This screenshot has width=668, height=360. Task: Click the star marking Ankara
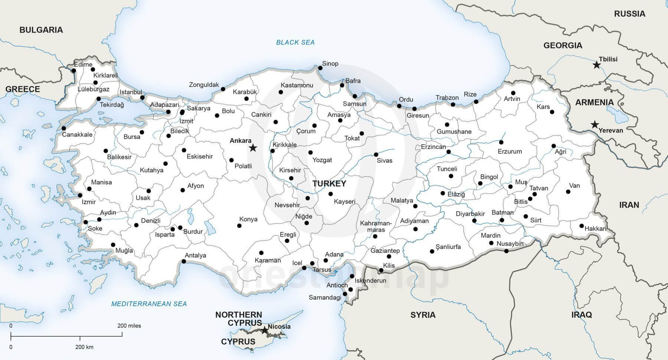[x=253, y=148]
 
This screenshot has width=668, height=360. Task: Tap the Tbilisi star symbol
[x=596, y=65]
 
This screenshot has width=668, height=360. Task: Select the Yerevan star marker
[x=595, y=125]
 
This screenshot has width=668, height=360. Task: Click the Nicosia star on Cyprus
[x=264, y=330]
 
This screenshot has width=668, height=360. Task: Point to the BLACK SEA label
[x=295, y=42]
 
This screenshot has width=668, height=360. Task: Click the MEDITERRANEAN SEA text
[x=149, y=304]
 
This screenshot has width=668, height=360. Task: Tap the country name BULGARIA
[x=41, y=30]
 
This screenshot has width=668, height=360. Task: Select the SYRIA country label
[x=423, y=315]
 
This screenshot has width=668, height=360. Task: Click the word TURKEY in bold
[x=329, y=183]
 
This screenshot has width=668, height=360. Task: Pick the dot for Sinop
[x=320, y=68]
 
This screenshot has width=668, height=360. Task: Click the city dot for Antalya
[x=184, y=262]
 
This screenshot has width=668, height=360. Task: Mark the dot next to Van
[x=568, y=192]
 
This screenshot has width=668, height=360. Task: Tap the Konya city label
[x=248, y=219]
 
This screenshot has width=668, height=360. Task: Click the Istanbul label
[x=131, y=92]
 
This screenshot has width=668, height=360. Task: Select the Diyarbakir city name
[x=470, y=214]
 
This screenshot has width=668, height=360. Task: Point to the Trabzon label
[x=447, y=98]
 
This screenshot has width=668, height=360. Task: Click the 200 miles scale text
[x=129, y=325]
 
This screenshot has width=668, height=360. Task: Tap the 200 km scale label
[x=84, y=347]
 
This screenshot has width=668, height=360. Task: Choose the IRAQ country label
[x=582, y=315]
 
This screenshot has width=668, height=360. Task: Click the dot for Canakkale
[x=64, y=128]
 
